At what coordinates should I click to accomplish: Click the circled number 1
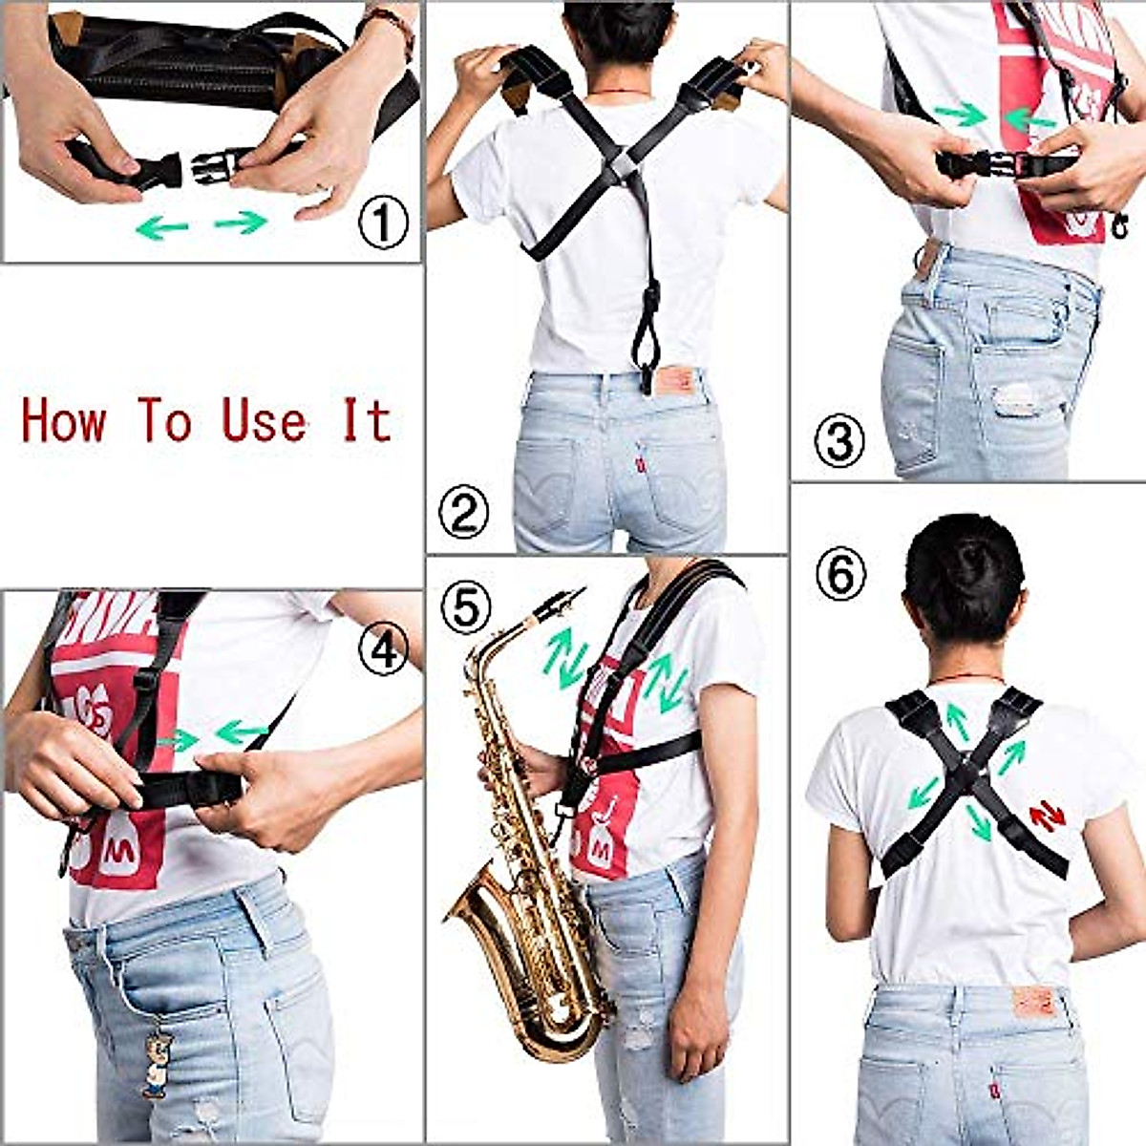pos(383,223)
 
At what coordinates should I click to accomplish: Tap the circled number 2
pos(463,512)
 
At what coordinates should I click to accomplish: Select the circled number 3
pos(838,441)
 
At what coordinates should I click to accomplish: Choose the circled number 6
pos(840,576)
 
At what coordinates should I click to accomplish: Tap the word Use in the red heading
pos(265,421)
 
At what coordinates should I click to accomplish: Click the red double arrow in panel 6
pos(1048,817)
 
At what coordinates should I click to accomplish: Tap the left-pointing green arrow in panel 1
pos(161,227)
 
